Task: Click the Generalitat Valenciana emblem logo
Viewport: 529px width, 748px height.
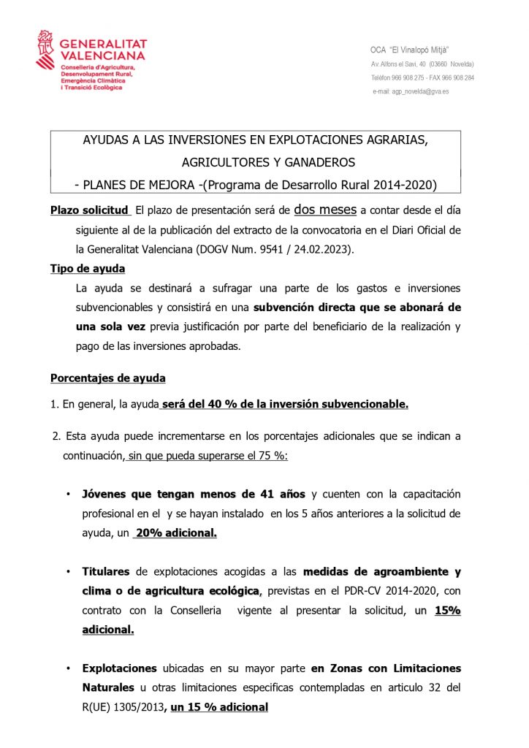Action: (45, 49)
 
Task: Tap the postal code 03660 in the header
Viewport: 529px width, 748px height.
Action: (438, 64)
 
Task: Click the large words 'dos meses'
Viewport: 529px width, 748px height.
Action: (325, 210)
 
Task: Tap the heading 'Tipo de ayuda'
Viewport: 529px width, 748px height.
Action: (87, 269)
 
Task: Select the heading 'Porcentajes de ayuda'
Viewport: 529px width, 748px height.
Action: (107, 378)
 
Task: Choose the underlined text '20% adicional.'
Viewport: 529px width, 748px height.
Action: (175, 533)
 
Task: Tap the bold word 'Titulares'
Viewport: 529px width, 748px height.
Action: (106, 571)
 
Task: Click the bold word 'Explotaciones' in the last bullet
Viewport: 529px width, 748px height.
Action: (119, 668)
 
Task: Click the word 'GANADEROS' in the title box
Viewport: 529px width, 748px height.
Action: (315, 161)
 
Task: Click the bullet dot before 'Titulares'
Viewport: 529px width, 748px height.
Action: (67, 571)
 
